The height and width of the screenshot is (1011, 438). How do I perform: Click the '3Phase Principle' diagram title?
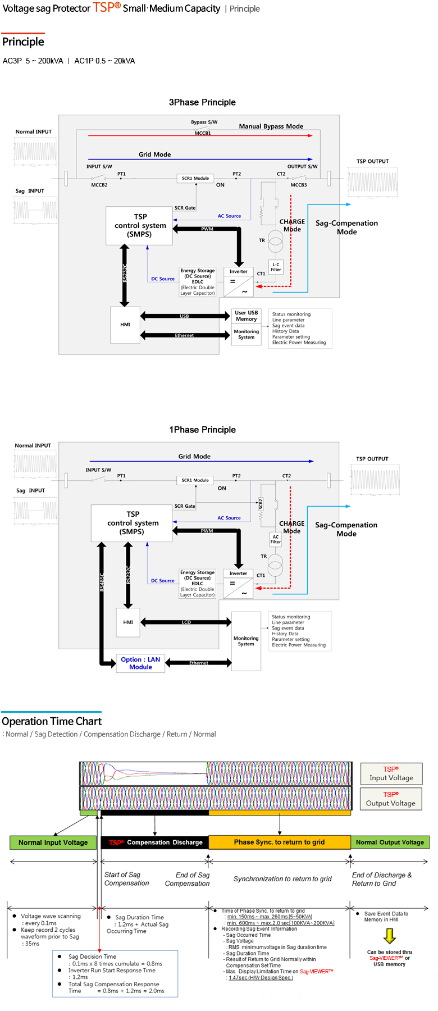click(202, 102)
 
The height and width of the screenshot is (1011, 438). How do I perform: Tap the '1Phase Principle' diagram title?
click(202, 430)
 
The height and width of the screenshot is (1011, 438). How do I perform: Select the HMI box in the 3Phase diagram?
click(125, 325)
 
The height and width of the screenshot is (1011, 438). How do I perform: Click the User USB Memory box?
click(247, 316)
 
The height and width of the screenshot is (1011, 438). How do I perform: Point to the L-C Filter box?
click(276, 267)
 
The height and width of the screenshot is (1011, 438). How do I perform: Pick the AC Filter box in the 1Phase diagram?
click(275, 539)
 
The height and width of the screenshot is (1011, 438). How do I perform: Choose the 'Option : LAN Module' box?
click(140, 663)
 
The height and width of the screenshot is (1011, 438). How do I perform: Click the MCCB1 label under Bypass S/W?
click(203, 133)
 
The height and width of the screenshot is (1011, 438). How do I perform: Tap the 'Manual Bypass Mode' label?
click(271, 126)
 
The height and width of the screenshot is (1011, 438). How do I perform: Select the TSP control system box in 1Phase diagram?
click(132, 523)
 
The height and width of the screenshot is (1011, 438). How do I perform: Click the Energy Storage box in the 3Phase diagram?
click(198, 282)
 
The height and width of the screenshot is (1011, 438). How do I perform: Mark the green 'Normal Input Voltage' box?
click(53, 842)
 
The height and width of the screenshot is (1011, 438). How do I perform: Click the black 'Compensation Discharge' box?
click(155, 842)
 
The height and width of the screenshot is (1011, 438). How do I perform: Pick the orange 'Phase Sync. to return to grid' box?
click(279, 842)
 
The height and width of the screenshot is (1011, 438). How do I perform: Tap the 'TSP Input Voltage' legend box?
click(391, 773)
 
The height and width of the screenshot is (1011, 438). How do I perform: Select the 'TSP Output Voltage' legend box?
click(391, 799)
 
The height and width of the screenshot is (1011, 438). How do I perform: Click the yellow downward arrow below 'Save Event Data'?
click(390, 936)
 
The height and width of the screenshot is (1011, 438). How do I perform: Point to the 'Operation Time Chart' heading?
click(52, 721)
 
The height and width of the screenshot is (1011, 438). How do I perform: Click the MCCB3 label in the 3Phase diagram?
click(299, 185)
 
